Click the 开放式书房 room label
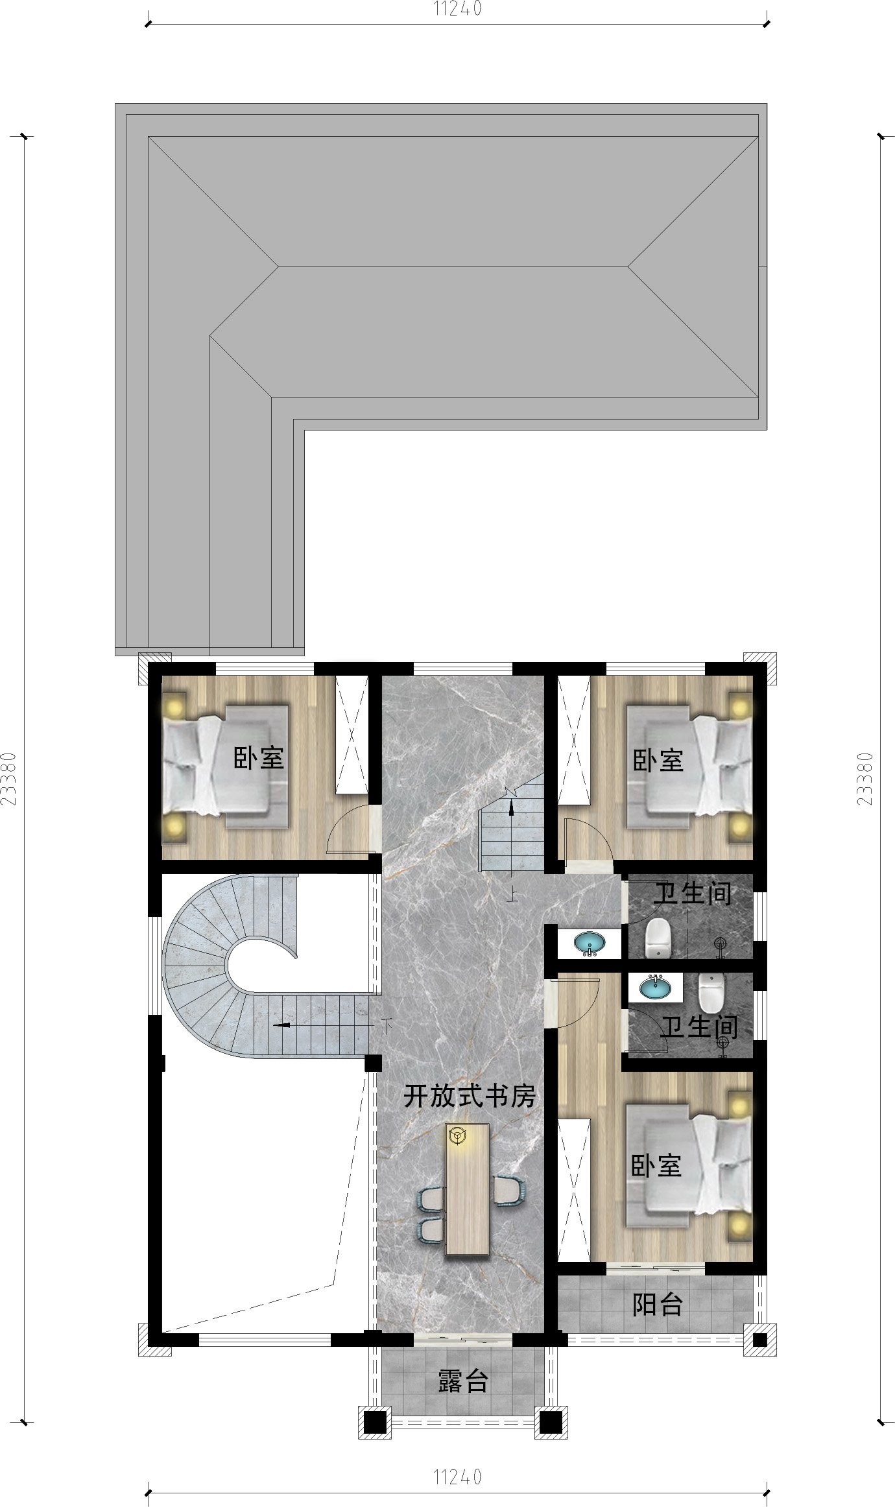(470, 1096)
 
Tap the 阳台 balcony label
(658, 1305)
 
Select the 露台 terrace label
(462, 1382)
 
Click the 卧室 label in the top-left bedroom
(259, 758)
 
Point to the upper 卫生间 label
(693, 894)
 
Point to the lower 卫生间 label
(699, 1026)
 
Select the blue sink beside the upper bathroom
(590, 943)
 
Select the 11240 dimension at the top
(458, 9)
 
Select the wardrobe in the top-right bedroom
(574, 741)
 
